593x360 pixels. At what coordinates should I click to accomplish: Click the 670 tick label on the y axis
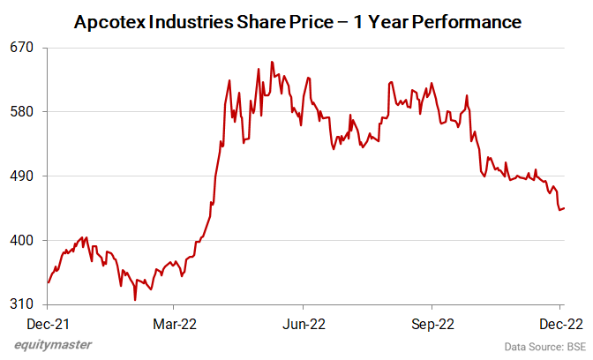[22, 47]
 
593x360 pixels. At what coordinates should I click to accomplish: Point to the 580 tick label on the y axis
[22, 111]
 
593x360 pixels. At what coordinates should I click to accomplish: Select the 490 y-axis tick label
[22, 176]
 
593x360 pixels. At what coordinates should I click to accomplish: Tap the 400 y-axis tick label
[22, 240]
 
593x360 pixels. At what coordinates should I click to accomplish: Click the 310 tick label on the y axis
[22, 304]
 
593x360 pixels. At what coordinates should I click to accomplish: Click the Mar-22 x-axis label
[175, 323]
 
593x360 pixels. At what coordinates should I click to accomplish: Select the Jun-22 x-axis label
[304, 323]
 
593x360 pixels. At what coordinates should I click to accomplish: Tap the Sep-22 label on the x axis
[433, 323]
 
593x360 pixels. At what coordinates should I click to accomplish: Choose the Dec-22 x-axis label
[561, 323]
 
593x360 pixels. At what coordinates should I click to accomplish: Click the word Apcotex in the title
[110, 19]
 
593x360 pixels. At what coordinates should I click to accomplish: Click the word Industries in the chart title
[195, 19]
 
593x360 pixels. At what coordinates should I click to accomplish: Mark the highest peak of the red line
[272, 62]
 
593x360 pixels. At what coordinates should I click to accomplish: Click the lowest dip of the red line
[135, 300]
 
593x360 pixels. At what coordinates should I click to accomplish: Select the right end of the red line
[565, 208]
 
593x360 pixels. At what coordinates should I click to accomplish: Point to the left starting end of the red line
[48, 282]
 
